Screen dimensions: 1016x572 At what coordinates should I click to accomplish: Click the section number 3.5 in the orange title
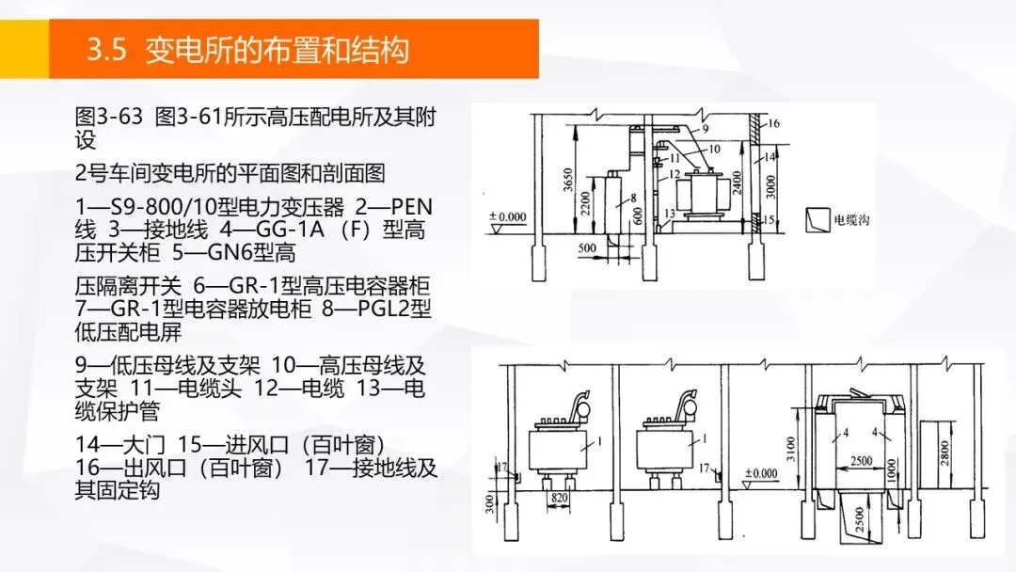106,50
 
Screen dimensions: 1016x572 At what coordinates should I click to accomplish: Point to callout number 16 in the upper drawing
773,123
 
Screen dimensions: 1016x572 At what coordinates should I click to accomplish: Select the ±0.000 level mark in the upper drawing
509,217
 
